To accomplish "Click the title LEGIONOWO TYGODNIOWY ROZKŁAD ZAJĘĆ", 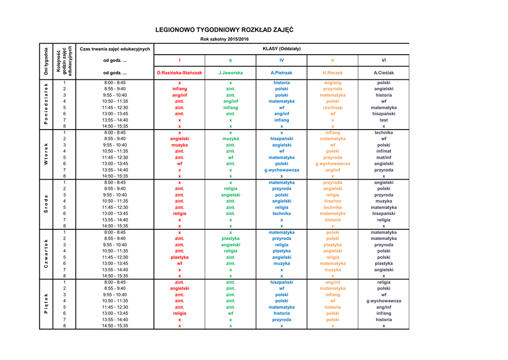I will point(224,30).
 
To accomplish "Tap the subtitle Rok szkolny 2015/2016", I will point(224,39).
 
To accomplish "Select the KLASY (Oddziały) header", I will point(281,49).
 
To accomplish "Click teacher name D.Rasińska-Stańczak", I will point(180,72).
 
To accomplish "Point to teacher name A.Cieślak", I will point(383,72).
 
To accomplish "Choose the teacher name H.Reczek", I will point(332,72).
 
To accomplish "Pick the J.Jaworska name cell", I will point(231,72).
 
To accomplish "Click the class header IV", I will point(281,60).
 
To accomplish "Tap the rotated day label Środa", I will point(46,204).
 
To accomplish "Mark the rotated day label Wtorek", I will point(46,154).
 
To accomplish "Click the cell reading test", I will point(383,120).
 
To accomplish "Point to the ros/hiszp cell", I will point(332,107).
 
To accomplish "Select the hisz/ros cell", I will point(332,201).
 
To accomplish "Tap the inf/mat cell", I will point(383,151).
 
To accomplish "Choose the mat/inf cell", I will point(383,157).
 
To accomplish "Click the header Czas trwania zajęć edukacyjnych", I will point(115,49).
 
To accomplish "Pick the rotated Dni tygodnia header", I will point(46,61).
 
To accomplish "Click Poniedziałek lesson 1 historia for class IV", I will point(281,82).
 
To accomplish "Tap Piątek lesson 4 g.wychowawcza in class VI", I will point(383,300).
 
